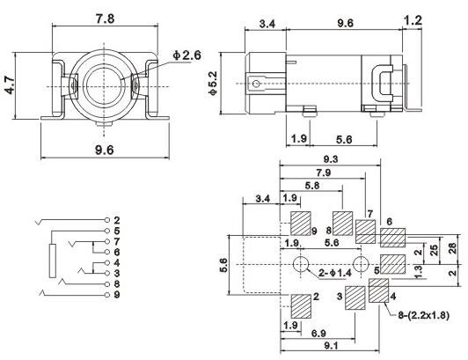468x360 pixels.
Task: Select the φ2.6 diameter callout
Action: click(x=187, y=56)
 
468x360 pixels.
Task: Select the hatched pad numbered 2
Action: click(x=296, y=304)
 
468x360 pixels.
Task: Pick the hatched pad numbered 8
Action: click(x=342, y=221)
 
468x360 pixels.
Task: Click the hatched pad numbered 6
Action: click(x=392, y=236)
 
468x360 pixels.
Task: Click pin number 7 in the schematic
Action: click(x=115, y=240)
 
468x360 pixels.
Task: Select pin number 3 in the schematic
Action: click(x=115, y=272)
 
